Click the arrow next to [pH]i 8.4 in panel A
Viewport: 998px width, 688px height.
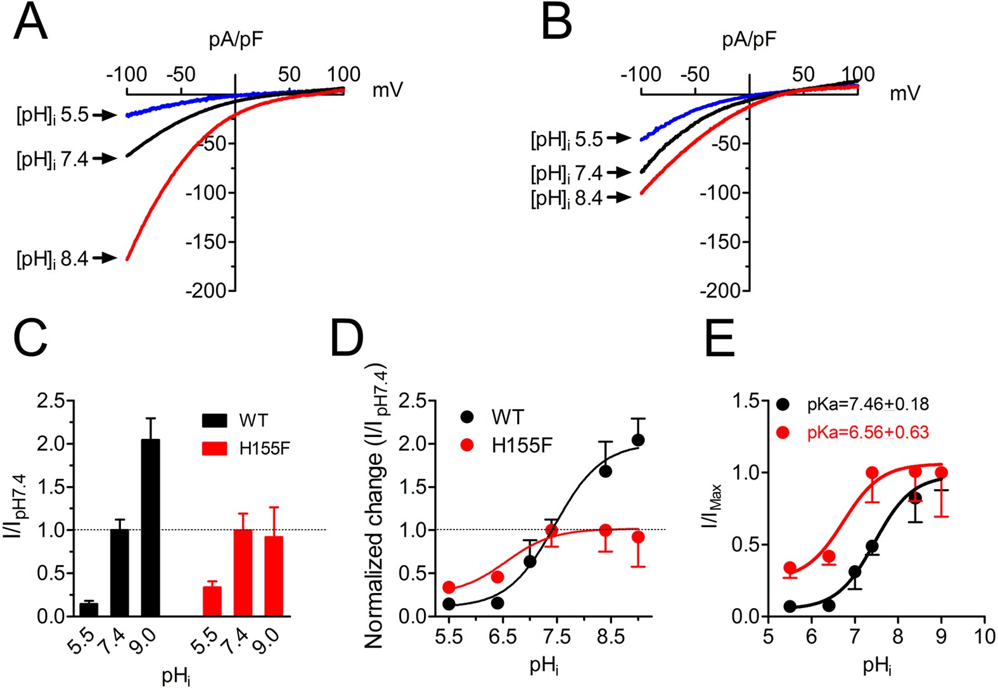point(105,258)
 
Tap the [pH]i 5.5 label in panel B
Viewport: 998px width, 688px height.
point(566,139)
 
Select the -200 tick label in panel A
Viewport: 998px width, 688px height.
point(206,291)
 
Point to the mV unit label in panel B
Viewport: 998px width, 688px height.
point(905,93)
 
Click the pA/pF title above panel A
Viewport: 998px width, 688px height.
point(236,40)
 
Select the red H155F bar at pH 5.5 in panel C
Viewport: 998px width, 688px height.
point(212,601)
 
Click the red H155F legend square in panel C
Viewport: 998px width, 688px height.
point(214,449)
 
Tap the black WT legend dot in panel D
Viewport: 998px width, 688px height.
point(468,417)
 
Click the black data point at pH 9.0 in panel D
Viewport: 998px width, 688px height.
point(638,440)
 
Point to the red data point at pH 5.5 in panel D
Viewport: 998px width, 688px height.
point(449,587)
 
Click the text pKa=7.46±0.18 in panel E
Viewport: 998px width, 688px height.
point(868,404)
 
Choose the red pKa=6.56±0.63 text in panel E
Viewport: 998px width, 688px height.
point(868,433)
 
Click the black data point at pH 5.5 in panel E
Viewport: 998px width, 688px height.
point(790,606)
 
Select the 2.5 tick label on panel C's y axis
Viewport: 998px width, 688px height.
point(51,401)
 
